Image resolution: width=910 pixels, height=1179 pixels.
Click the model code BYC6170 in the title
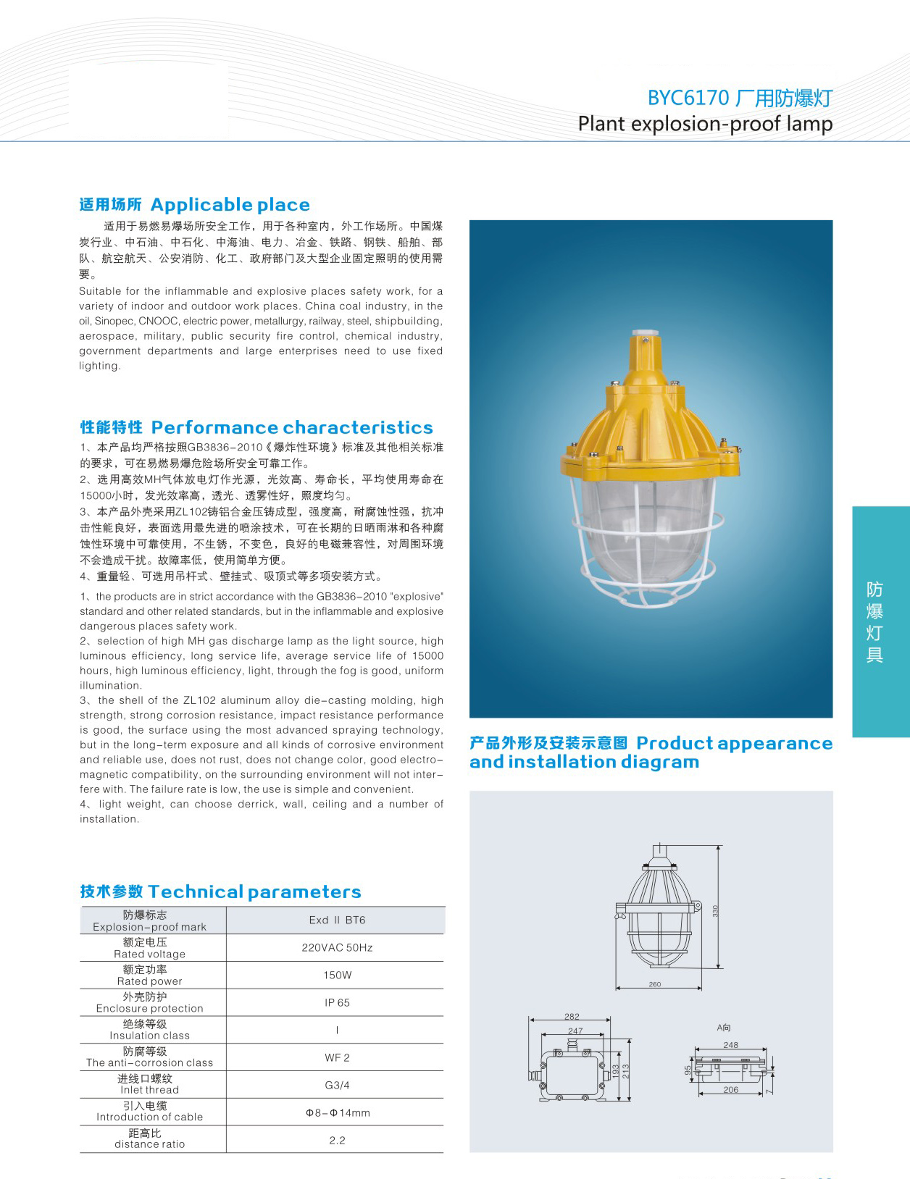pos(688,98)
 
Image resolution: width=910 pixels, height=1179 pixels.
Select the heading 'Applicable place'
pos(230,205)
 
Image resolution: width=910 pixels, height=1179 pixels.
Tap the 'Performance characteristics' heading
pos(291,427)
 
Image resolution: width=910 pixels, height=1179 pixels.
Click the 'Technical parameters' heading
pos(254,891)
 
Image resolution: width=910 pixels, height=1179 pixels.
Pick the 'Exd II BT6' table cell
pos(337,920)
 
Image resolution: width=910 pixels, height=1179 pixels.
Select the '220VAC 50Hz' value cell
pos(337,948)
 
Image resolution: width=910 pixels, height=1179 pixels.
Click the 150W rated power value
pos(337,975)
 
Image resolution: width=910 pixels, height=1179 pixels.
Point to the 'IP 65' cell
pos(337,1003)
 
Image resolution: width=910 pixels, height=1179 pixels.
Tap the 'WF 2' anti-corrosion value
pos(337,1058)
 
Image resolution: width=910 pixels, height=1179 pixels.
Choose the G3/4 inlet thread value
pos(337,1086)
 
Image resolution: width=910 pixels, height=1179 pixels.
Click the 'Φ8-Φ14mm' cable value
pos(337,1113)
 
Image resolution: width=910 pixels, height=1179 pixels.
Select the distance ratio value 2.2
pos(337,1141)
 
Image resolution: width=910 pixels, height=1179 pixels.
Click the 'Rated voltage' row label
pos(149,954)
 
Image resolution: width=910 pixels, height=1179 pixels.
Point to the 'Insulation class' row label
pos(149,1036)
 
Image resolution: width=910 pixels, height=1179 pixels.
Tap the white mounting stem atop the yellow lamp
pos(643,337)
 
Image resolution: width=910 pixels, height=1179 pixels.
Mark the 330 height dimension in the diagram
pos(715,911)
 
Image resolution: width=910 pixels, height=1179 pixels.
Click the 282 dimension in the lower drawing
pos(572,1017)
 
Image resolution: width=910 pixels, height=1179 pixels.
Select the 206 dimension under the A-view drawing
pos(730,1090)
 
